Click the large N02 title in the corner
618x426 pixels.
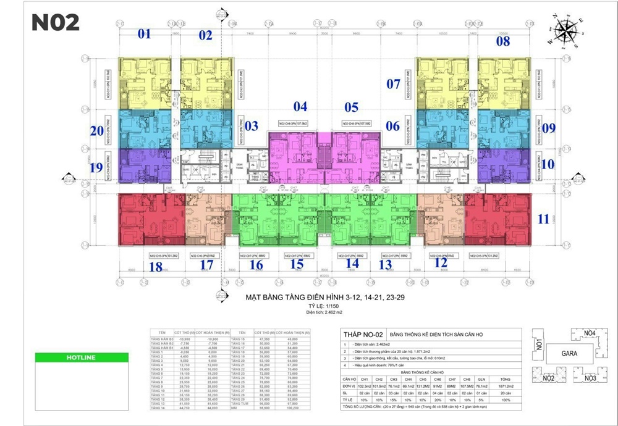[x=56, y=22]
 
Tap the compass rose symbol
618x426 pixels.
[x=565, y=31]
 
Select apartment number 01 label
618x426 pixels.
[x=144, y=34]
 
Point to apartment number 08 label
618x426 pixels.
[x=503, y=41]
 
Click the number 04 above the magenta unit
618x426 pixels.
[x=300, y=106]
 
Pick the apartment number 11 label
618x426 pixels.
[x=543, y=218]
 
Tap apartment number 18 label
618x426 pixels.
[x=156, y=266]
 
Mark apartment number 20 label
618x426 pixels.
[x=96, y=130]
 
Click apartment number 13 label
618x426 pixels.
[x=385, y=265]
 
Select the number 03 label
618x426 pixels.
[x=251, y=126]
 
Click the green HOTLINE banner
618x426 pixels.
[x=71, y=357]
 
